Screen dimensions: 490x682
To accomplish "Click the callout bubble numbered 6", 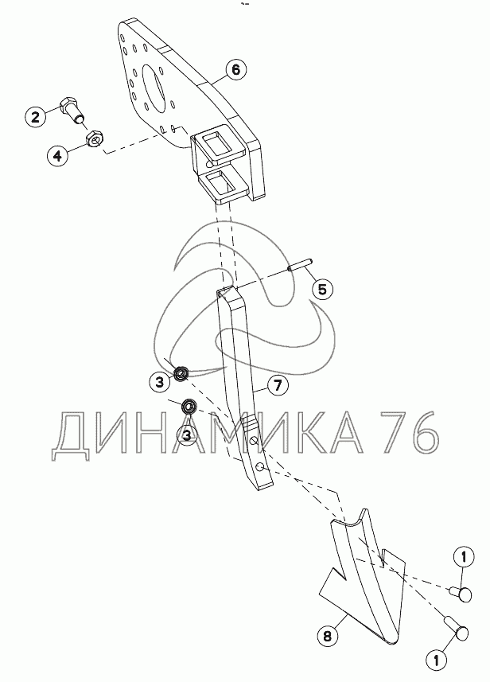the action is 235,69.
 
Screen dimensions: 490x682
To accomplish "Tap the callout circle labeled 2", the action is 36,116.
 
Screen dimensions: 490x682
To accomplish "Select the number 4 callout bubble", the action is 58,155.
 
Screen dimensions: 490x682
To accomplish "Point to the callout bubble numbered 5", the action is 322,289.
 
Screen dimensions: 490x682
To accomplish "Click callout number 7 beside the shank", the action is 278,385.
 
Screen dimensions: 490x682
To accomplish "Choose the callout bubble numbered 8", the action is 328,637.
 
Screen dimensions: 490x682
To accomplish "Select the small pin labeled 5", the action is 300,264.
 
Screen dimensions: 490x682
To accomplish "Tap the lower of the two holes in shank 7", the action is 259,467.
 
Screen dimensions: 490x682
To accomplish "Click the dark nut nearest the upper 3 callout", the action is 181,373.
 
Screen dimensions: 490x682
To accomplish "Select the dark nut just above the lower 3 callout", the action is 189,406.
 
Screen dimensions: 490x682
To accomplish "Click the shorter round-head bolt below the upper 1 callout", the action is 460,594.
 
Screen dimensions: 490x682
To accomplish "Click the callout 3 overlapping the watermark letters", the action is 186,435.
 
